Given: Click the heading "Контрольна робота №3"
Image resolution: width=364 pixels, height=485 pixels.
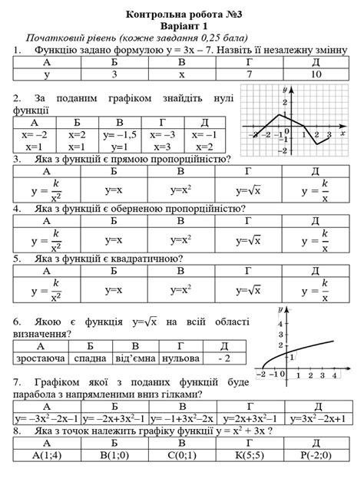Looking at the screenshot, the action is point(181,13).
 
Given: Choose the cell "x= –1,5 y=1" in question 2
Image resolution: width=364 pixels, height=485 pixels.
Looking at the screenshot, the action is point(119,140).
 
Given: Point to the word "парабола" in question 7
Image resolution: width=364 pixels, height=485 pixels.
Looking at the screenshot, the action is point(39,394).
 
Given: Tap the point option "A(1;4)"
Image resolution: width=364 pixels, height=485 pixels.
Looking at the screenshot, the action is point(46,456).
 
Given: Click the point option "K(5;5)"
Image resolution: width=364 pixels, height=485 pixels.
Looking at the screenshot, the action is point(249,456).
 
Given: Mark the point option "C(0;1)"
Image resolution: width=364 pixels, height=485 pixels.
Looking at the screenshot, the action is point(181,456).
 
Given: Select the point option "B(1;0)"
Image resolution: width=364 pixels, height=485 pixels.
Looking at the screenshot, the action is point(114,456).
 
